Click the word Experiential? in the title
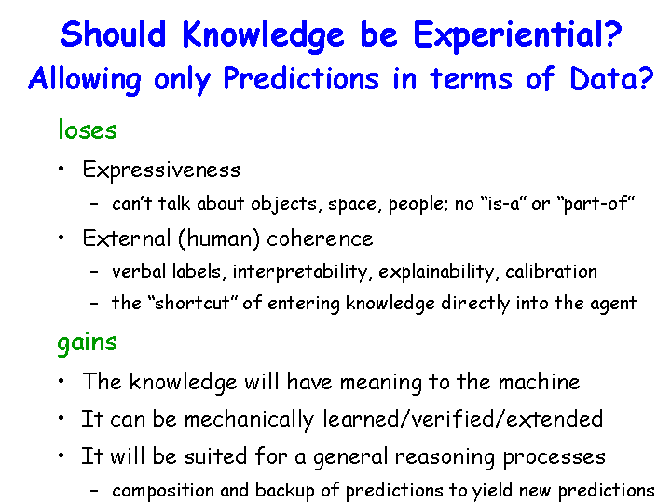[517, 36]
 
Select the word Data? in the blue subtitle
[611, 78]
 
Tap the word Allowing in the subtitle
[85, 80]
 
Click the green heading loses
[88, 129]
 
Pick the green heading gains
[88, 343]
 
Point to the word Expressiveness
[161, 170]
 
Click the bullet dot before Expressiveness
[62, 168]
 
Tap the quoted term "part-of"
[596, 204]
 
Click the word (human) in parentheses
[219, 238]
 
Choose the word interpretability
[300, 272]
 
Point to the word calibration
[551, 272]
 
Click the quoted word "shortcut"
[192, 304]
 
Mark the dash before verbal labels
[94, 272]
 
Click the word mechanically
[249, 419]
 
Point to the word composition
[163, 491]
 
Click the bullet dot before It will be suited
[62, 455]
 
